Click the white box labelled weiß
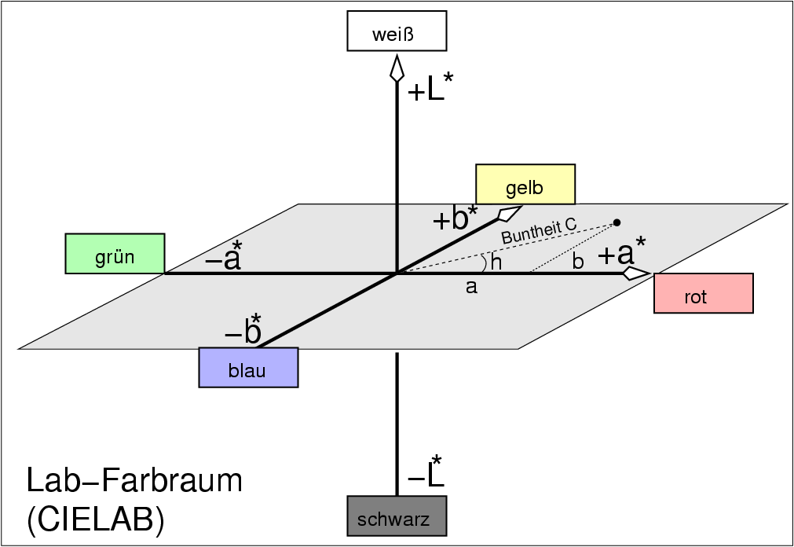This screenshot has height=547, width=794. pos(397,31)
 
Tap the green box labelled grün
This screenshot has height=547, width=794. pos(115,253)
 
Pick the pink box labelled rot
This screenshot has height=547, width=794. pos(703,293)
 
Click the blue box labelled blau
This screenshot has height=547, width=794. pos(248,368)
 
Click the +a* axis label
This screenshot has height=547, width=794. pos(621,253)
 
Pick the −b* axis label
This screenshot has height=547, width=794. pos(243,331)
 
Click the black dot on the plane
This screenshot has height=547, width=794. pos(617,222)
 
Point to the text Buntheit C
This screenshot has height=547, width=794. pos(539,231)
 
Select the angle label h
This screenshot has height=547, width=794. pos(496,262)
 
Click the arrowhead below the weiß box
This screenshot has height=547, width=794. pos(397,68)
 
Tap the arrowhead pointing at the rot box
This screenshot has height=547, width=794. pos(636,273)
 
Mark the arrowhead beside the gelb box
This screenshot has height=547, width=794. pos(510,212)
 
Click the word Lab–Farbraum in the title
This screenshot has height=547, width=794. pos(134,481)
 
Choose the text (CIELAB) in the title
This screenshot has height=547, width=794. pos(97,520)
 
